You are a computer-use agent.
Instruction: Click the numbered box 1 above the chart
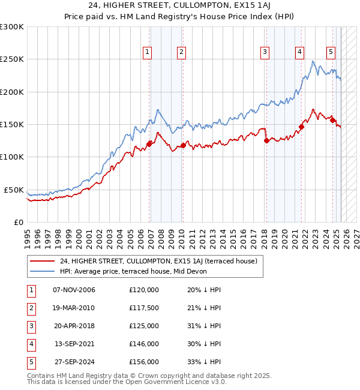coord(148,52)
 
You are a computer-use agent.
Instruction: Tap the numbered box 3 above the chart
coord(264,52)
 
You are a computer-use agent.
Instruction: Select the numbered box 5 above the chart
coord(331,52)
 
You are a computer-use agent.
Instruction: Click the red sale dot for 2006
coord(149,144)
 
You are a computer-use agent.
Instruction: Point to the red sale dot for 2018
coord(266,141)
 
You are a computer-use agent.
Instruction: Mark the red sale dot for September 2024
coord(332,121)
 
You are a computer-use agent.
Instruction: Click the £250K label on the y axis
coord(12,59)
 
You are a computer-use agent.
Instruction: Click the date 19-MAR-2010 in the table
coord(74,308)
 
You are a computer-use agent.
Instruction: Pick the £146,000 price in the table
coord(144,344)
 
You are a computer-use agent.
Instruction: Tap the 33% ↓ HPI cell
coord(204,362)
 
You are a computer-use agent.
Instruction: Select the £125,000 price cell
coord(144,326)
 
